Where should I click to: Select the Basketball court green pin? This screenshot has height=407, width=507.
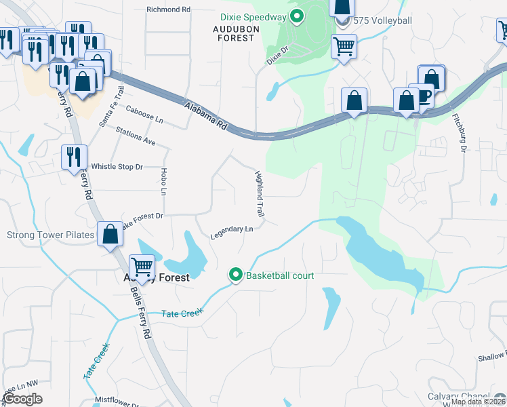point(235,275)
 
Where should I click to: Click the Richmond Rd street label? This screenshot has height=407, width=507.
point(169,9)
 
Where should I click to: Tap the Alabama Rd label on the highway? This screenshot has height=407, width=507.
point(205,113)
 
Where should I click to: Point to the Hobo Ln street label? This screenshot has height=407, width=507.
point(163,182)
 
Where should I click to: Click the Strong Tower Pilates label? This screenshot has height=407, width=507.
point(49,235)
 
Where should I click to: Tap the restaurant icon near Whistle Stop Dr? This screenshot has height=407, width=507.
point(73,157)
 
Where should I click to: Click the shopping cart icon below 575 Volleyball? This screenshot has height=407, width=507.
point(344,47)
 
